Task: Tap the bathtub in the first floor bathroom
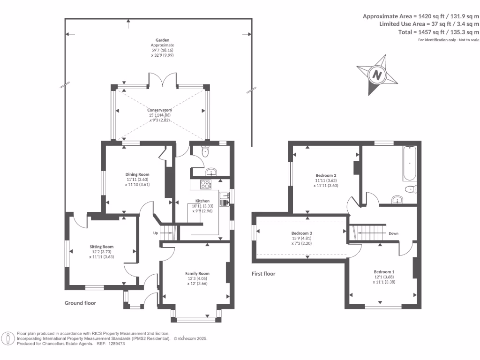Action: (410, 164)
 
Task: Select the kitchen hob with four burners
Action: (206, 184)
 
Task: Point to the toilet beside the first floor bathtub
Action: (411, 189)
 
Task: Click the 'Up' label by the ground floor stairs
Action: (156, 233)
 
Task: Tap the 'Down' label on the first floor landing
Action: (393, 233)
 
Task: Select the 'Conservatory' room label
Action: (159, 110)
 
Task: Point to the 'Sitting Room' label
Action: (102, 247)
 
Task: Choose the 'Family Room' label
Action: (197, 273)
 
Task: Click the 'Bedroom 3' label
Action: (302, 233)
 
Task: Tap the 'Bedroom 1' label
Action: (384, 272)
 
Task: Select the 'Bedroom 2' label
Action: (326, 175)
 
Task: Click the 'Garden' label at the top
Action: (163, 40)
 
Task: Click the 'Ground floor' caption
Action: (80, 303)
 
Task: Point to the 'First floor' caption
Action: (263, 274)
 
